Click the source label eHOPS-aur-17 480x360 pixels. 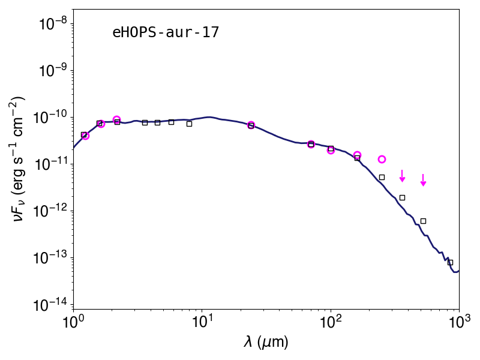[x=166, y=32]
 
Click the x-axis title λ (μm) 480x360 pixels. [x=266, y=342]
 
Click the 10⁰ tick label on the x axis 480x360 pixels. [x=73, y=321]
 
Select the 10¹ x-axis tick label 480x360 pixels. [x=201, y=321]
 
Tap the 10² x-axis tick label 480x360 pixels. [x=330, y=321]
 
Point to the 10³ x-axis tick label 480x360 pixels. [x=459, y=321]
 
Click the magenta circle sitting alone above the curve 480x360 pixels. [x=382, y=159]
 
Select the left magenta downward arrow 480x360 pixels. [x=402, y=176]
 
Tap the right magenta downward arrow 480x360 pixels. [x=423, y=180]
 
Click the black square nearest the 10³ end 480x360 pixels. [x=450, y=262]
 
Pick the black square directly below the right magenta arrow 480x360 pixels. [x=423, y=221]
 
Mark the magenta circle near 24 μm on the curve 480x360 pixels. [x=251, y=125]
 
